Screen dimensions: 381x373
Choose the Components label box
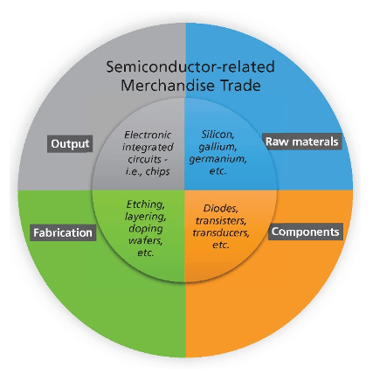(x=306, y=232)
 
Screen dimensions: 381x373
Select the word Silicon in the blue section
(x=218, y=136)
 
